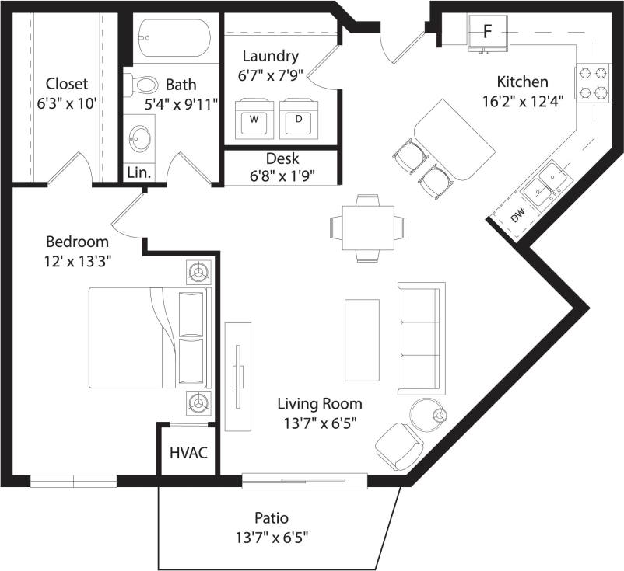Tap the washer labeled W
[254, 120]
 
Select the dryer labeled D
[299, 120]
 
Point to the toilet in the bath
[141, 83]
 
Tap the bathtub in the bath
[175, 36]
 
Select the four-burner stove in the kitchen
[591, 84]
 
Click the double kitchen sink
[545, 183]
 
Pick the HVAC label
[189, 452]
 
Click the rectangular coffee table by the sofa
[363, 339]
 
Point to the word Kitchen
[523, 82]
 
